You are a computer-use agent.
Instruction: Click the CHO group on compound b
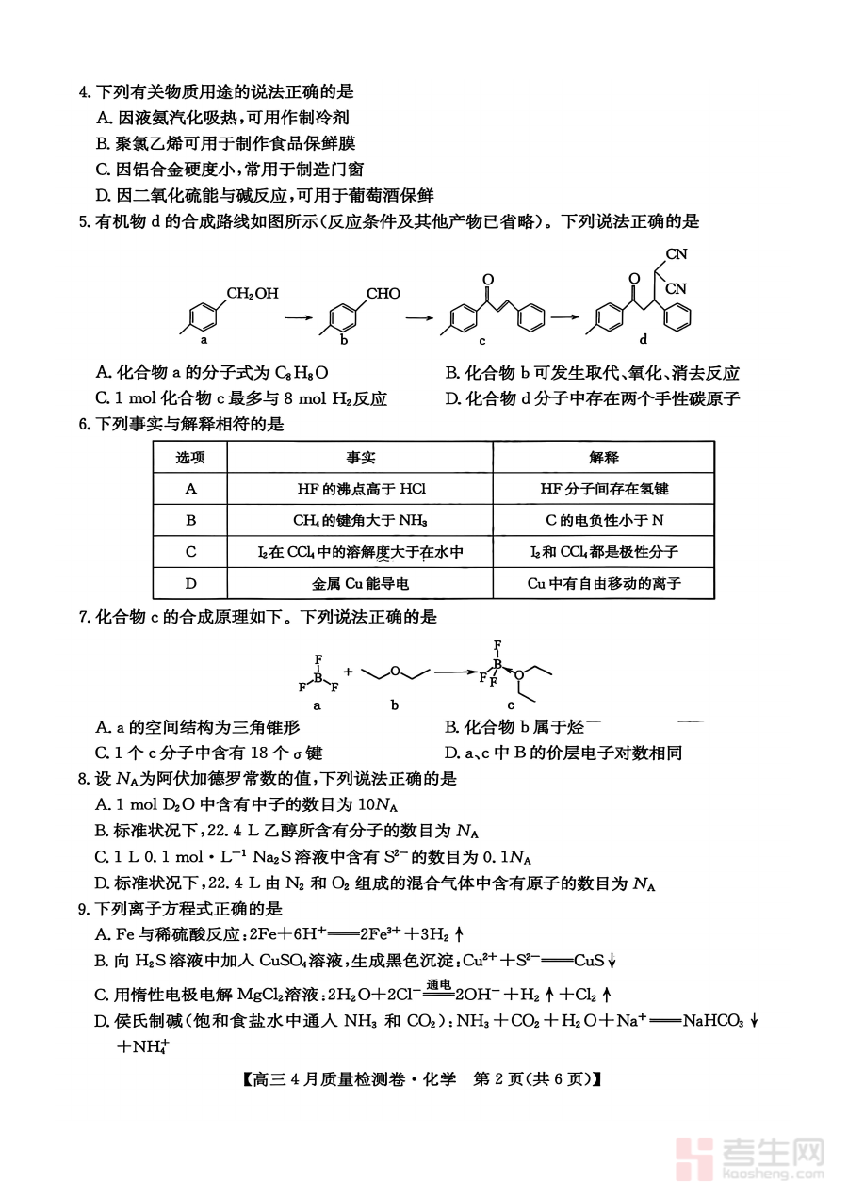coord(383,293)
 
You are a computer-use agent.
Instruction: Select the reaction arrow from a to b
coord(298,317)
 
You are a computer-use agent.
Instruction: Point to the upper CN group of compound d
coord(677,253)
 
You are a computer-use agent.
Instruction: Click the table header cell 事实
coord(359,458)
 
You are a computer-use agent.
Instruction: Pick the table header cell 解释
coord(604,458)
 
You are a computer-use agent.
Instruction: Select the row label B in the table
coord(190,520)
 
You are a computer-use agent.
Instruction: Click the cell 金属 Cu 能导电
coord(360,583)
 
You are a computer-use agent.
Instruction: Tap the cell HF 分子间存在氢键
coord(604,489)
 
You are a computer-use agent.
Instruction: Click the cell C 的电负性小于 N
coord(604,520)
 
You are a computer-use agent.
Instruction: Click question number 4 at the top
coord(84,92)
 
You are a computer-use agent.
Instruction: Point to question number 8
coord(84,779)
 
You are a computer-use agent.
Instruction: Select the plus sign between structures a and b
coord(349,672)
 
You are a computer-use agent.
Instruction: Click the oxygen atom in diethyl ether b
coord(396,671)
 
